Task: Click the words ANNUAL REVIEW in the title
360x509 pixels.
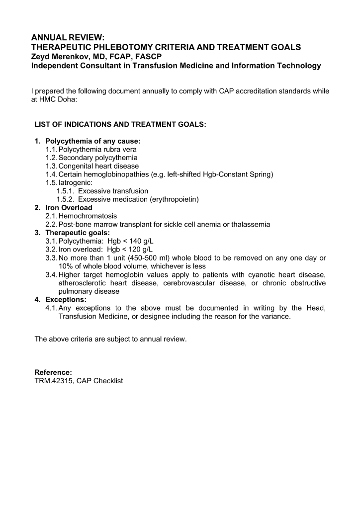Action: pyautogui.click(x=68, y=38)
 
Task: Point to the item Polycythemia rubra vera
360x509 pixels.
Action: pyautogui.click(x=97, y=149)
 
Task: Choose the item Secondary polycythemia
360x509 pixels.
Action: pyautogui.click(x=98, y=158)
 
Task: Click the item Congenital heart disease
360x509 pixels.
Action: pyautogui.click(x=98, y=166)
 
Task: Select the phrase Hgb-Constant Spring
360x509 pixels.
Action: pyautogui.click(x=244, y=174)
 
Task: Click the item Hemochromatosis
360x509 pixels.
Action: pyautogui.click(x=88, y=216)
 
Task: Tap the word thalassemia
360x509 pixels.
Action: pyautogui.click(x=251, y=225)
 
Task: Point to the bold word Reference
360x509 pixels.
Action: pyautogui.click(x=53, y=372)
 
